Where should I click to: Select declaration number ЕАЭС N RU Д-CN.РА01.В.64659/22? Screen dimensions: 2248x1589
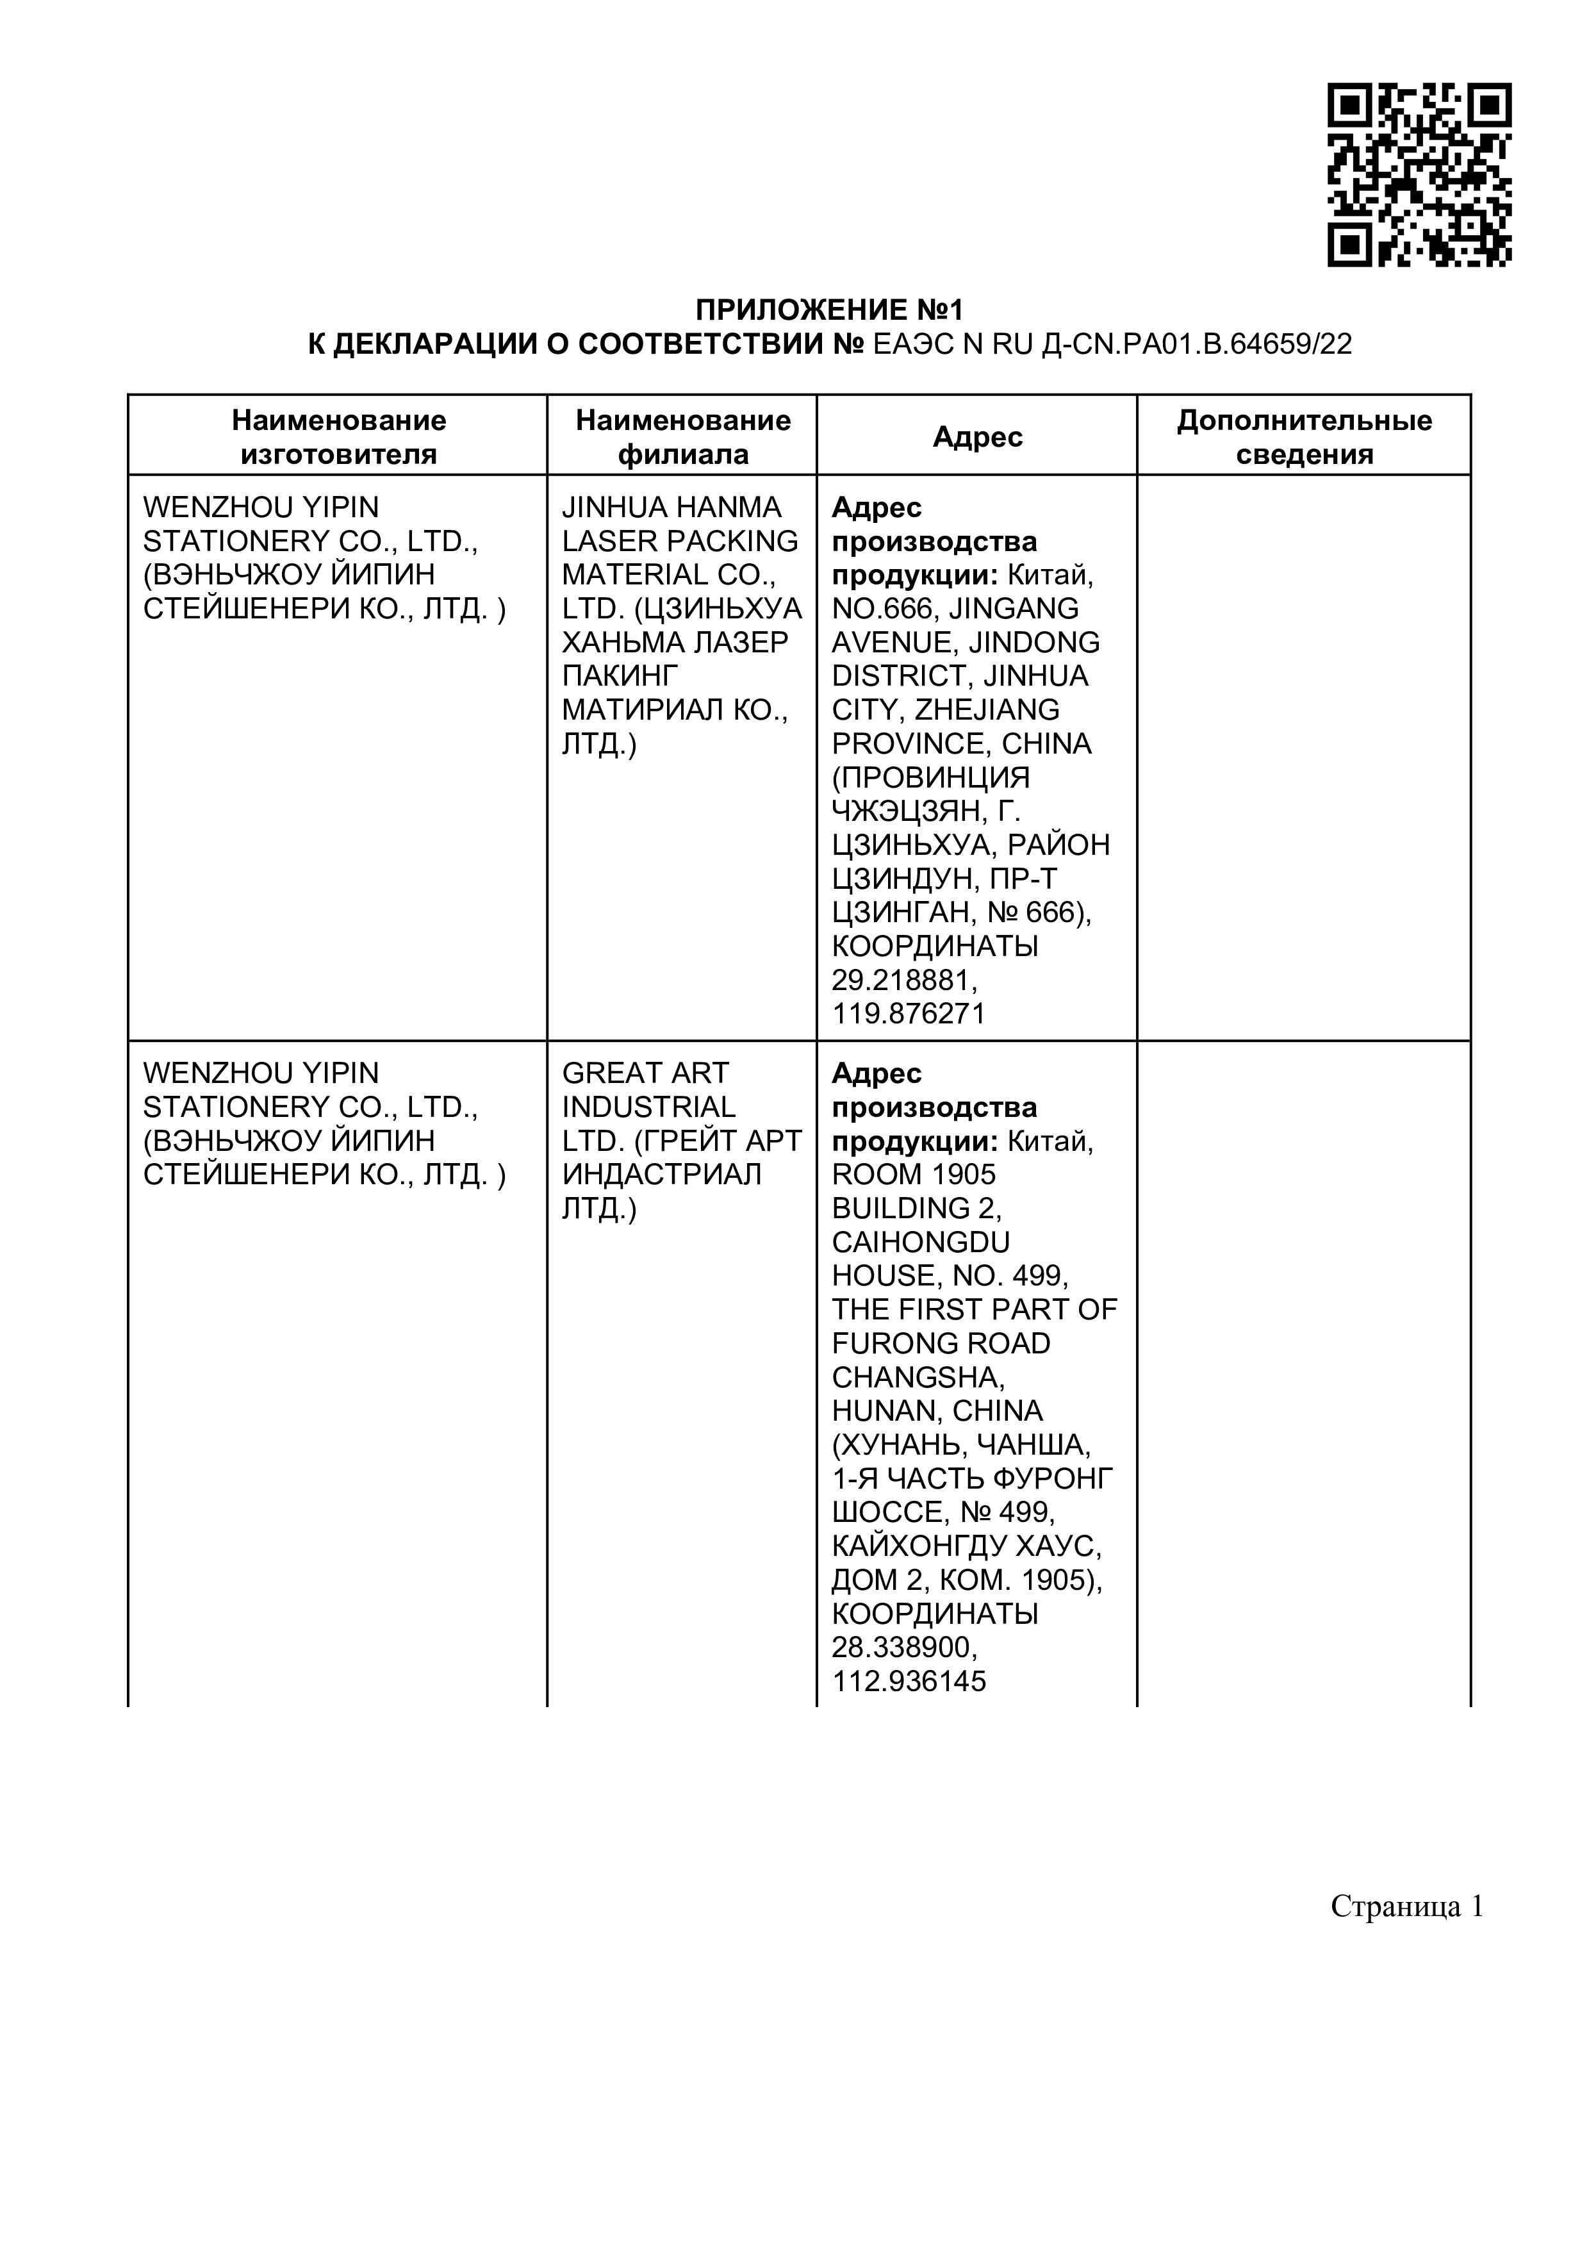click(1111, 345)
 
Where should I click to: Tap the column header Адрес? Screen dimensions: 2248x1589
click(977, 436)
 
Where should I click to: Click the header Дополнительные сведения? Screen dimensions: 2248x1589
click(1303, 436)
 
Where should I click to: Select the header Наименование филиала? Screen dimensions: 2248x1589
click(682, 436)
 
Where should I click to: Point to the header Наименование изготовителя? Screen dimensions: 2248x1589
click(338, 436)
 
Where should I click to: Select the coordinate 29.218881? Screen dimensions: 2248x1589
click(903, 980)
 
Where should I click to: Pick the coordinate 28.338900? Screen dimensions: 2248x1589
click(903, 1648)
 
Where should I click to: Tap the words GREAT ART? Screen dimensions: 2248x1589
click(645, 1073)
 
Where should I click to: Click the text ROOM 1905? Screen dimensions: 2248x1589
click(914, 1174)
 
